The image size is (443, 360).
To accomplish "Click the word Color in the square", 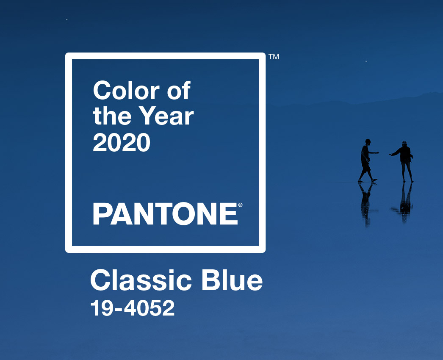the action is coord(126,91).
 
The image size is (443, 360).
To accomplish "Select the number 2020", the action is coord(122,142).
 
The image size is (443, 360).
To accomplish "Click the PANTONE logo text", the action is coord(166,213).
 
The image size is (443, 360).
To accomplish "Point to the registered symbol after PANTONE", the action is coord(241,205).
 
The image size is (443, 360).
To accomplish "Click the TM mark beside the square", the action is coord(274,56).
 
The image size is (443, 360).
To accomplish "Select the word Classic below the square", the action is coord(141,280).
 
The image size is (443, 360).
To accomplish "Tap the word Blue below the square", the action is coord(232,280).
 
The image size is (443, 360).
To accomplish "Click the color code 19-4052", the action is coord(133,308).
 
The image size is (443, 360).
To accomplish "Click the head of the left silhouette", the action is coord(368,141).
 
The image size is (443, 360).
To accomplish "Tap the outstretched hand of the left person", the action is coord(377,152).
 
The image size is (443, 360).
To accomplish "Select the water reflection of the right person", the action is coord(404,202).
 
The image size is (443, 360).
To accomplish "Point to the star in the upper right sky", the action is coord(366,61).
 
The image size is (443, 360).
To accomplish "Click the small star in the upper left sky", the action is coord(66,19).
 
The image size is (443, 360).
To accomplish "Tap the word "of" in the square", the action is coord(179,91).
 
